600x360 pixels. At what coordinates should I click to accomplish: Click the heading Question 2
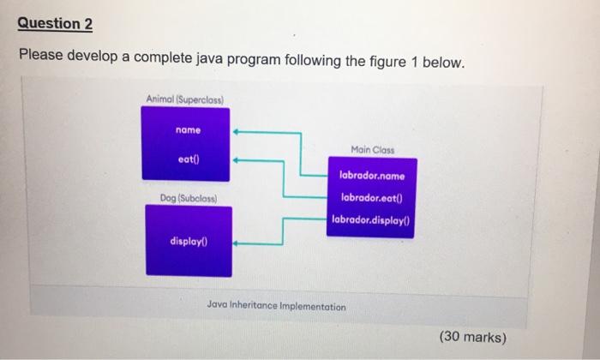55,24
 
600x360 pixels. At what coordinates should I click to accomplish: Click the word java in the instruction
210,59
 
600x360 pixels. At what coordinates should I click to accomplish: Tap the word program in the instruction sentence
254,61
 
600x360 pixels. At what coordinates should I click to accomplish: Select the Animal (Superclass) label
185,99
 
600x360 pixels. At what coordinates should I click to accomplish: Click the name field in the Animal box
188,130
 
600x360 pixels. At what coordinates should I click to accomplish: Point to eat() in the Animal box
189,159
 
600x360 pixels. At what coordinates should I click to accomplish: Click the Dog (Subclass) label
189,198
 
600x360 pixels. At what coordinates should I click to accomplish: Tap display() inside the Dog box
189,242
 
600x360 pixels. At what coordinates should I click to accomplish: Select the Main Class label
373,150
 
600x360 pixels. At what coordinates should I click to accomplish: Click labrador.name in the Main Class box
372,176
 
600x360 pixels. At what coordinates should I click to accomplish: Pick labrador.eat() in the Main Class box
372,198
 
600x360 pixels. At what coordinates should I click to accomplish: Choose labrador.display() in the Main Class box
371,220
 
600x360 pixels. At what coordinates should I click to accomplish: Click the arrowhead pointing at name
236,132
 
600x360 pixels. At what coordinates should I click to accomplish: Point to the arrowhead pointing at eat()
236,160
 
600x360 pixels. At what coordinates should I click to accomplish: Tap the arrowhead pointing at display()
236,243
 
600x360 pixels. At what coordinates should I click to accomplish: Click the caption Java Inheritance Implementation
276,305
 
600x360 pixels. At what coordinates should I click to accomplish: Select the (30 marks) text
473,337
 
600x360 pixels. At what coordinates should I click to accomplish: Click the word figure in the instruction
387,62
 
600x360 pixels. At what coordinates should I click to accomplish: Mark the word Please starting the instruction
41,54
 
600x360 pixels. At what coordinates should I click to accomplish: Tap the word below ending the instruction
443,62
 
